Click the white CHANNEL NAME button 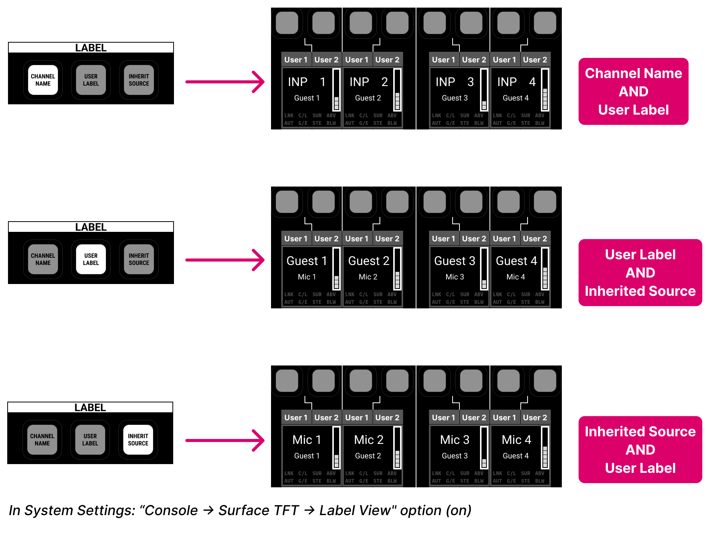pyautogui.click(x=43, y=80)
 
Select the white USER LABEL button pyautogui.click(x=91, y=259)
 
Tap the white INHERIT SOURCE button pyautogui.click(x=138, y=440)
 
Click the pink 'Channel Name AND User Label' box pyautogui.click(x=633, y=91)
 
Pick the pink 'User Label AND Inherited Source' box pyautogui.click(x=640, y=273)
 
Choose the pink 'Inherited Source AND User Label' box pyautogui.click(x=640, y=450)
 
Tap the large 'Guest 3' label pyautogui.click(x=454, y=261)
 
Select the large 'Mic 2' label pyautogui.click(x=368, y=440)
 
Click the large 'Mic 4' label pyautogui.click(x=516, y=440)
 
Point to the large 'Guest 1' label pyautogui.click(x=307, y=261)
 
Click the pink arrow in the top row pyautogui.click(x=225, y=81)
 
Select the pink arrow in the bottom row pyautogui.click(x=225, y=440)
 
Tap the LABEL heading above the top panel pyautogui.click(x=91, y=48)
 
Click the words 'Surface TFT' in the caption pyautogui.click(x=258, y=511)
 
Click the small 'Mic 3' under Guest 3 pyautogui.click(x=454, y=277)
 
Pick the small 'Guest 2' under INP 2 pyautogui.click(x=368, y=98)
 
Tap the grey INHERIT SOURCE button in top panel pyautogui.click(x=139, y=80)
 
